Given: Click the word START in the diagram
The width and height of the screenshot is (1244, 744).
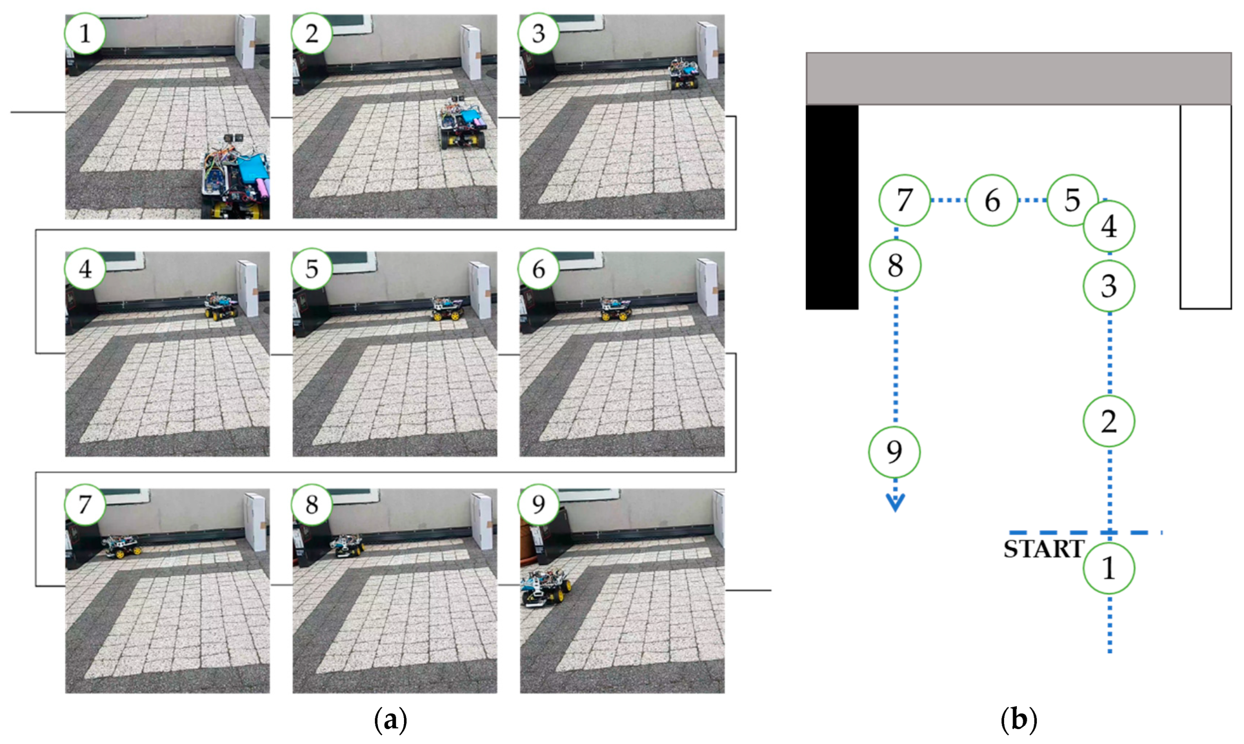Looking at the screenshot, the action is click(x=1044, y=549).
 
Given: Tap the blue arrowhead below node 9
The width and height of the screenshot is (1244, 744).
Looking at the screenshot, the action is click(x=895, y=503).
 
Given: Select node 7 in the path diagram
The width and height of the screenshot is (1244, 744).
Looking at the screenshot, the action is click(x=904, y=200).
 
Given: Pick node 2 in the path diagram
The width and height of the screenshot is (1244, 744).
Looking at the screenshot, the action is click(x=1109, y=421).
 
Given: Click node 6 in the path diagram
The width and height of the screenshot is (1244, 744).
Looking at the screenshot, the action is click(x=992, y=200).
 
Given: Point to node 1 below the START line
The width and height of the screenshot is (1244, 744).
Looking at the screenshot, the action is click(x=1109, y=568).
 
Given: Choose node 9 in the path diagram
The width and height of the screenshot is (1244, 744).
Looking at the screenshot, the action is click(x=894, y=452).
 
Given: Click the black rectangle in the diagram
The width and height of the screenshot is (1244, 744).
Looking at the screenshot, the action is click(x=832, y=207).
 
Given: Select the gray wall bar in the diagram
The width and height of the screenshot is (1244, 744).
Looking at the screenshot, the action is click(x=1019, y=78).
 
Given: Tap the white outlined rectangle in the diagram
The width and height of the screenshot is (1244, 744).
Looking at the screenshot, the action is click(x=1206, y=207).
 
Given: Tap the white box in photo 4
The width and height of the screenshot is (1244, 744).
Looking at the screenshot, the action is click(x=248, y=288).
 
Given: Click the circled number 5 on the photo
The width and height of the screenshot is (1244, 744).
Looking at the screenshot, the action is click(x=312, y=269).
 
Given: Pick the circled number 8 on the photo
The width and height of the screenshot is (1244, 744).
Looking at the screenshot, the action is click(x=312, y=505).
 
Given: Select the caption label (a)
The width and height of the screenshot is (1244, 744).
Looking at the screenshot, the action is click(x=391, y=720).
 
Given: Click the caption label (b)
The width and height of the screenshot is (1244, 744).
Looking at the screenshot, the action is click(x=1019, y=720).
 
